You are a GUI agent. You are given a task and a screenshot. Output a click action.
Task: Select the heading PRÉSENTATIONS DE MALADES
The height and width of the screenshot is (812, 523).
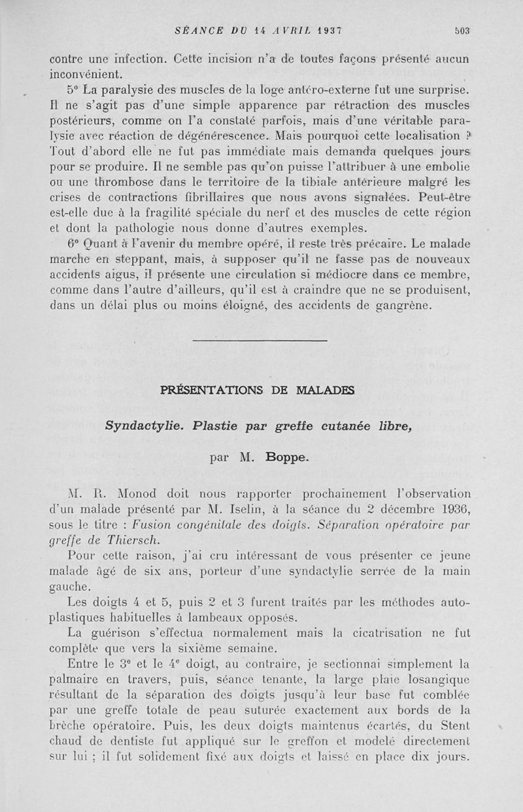pos(258,391)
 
